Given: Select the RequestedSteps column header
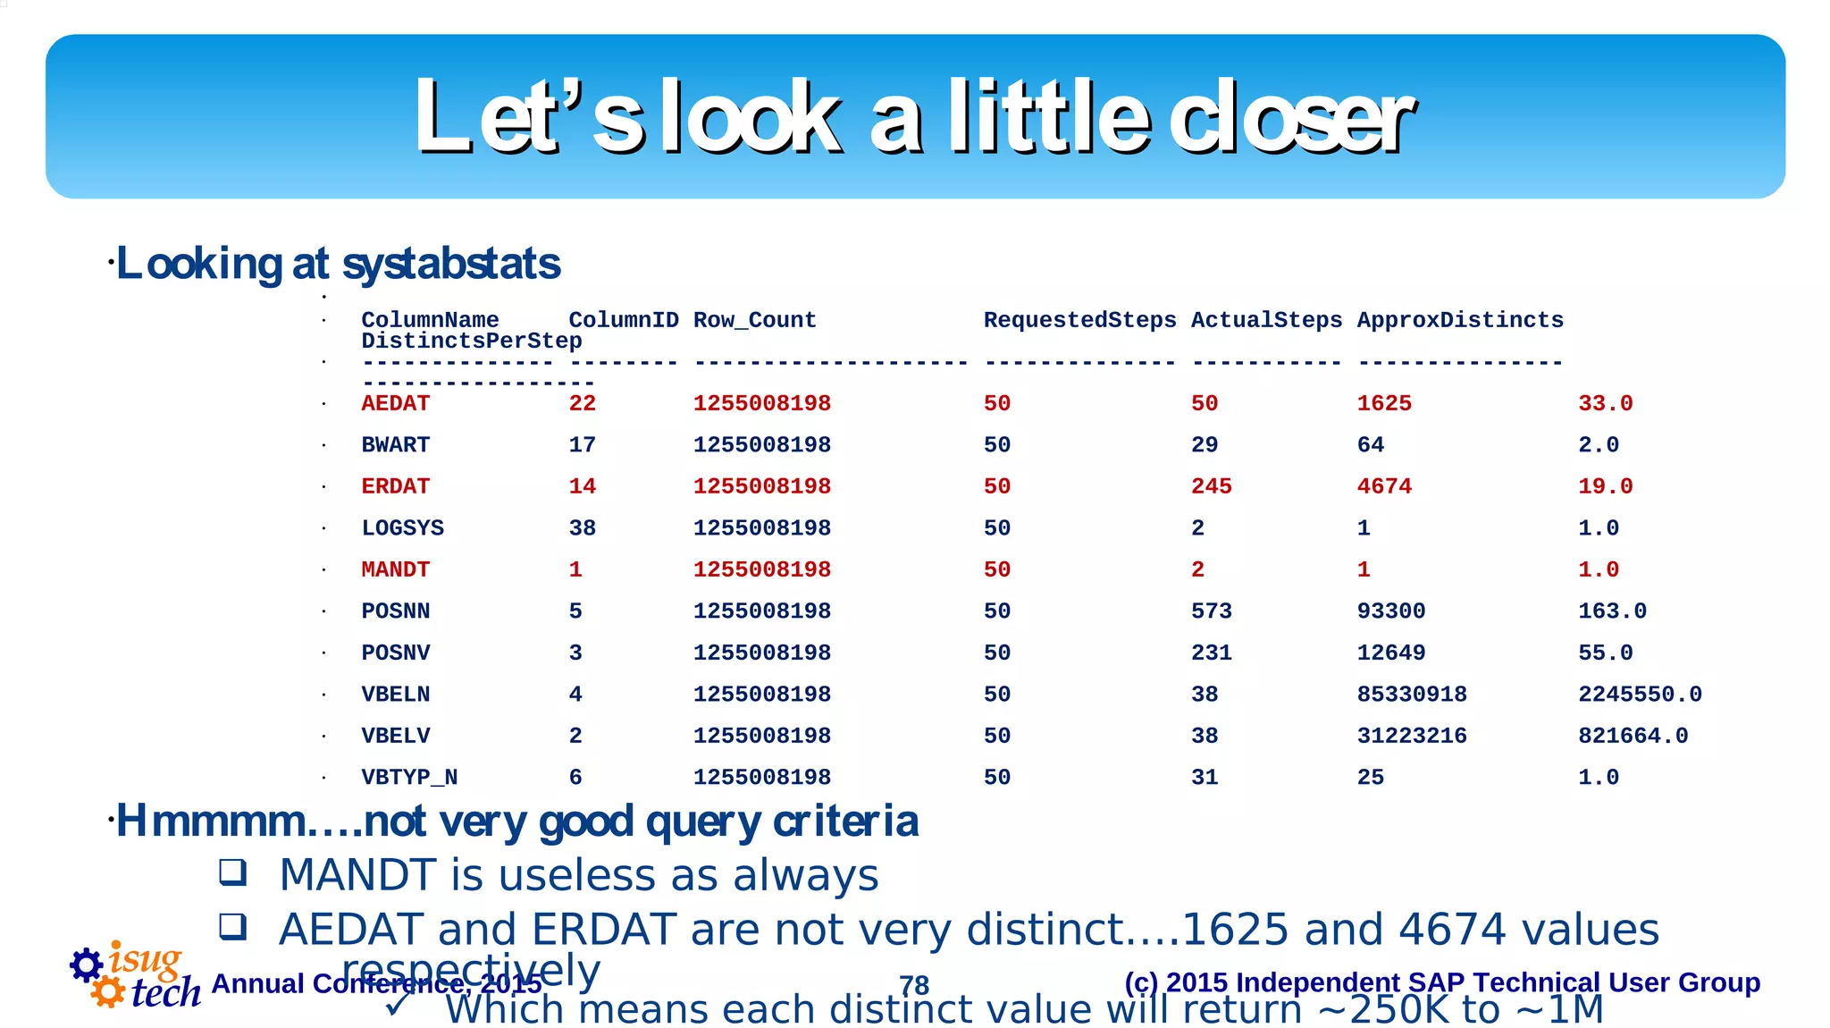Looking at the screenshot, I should pos(1079,320).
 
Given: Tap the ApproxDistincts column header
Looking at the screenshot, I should pos(1460,320).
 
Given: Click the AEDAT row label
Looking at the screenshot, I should pos(395,403).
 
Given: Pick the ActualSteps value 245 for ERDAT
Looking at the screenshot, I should pos(1211,486).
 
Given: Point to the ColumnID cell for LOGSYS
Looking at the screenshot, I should pos(582,528).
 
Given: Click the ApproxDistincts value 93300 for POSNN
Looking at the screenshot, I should pos(1390,611).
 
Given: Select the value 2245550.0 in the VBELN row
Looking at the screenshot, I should pos(1640,695).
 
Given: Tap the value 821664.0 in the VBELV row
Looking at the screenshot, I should pos(1633,736).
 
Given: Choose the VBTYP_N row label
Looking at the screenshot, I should pos(409,778).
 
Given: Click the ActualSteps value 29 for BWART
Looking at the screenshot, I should pos(1204,445).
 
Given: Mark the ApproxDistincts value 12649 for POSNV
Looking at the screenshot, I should pos(1390,653).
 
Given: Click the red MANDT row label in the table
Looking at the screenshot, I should pos(395,569).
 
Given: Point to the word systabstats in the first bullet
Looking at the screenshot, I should pos(451,264).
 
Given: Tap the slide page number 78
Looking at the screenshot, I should pos(914,985).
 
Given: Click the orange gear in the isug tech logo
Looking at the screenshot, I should pos(108,991).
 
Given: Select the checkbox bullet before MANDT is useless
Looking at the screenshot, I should pos(233,872).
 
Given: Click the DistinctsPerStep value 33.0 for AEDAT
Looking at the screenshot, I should pos(1605,403).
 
